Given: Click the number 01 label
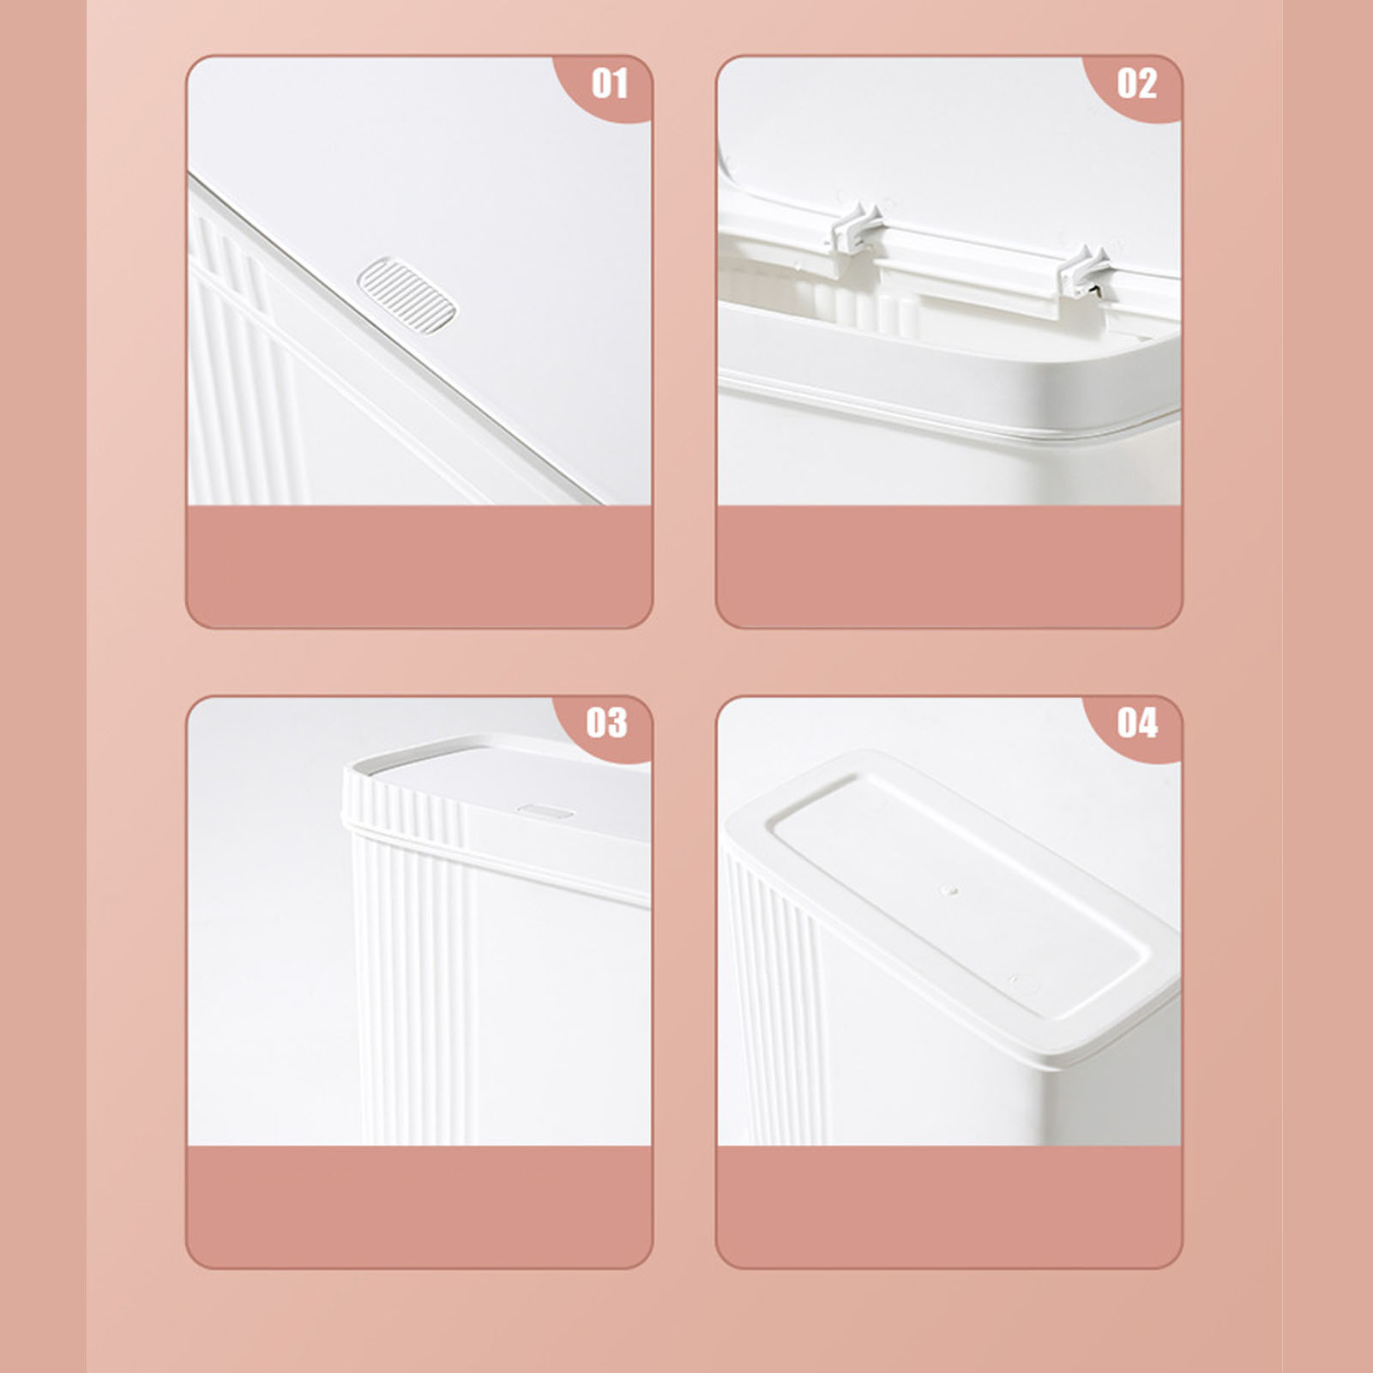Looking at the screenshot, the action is point(610,84).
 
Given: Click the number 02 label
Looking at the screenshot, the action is point(1137,84).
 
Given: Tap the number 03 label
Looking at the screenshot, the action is point(607,723).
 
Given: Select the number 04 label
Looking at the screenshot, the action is point(1137,723).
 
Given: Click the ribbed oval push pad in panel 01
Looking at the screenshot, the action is point(406,291).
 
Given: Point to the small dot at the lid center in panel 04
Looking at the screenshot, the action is point(948,891).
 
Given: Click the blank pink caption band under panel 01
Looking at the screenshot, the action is point(419,566).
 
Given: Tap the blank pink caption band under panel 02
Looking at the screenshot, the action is point(949,566).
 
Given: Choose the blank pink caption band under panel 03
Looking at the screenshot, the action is point(419,1206).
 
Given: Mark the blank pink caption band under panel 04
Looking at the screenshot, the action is point(949,1206).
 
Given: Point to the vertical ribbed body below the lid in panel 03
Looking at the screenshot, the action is point(412,986).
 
